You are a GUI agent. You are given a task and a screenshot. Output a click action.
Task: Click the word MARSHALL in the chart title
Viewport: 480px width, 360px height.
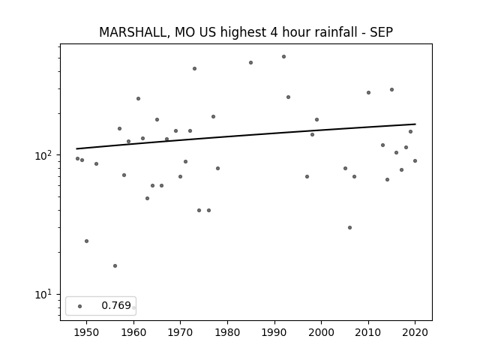[133, 32]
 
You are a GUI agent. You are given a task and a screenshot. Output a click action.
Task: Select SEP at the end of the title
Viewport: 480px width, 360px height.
[381, 32]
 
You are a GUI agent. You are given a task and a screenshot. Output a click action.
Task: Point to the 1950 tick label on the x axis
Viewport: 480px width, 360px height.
[87, 332]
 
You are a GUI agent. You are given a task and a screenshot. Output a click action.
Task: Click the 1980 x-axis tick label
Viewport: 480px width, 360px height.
[227, 332]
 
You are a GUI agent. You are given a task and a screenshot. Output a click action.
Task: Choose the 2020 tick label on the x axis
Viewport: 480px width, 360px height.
[415, 332]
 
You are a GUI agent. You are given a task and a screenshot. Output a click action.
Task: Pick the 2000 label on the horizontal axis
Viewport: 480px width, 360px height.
[322, 332]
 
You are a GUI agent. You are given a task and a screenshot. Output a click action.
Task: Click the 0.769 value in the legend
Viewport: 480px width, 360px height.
[116, 305]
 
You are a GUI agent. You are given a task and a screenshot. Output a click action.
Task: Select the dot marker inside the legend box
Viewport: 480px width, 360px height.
[80, 306]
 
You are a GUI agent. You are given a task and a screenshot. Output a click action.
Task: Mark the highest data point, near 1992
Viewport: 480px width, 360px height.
[283, 57]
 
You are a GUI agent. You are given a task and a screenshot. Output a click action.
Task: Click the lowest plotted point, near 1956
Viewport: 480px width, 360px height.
[115, 265]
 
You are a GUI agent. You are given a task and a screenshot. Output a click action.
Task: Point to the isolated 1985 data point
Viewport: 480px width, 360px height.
[250, 63]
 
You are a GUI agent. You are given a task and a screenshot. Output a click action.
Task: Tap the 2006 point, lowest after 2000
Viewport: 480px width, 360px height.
[349, 227]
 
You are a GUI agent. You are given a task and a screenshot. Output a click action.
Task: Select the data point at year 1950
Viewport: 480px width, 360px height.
[87, 241]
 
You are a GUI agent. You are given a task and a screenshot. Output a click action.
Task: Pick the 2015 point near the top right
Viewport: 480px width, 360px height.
[391, 90]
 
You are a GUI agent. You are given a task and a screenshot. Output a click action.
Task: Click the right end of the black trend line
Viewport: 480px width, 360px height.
[415, 124]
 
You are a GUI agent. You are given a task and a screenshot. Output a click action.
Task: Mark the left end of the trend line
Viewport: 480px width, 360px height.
[76, 148]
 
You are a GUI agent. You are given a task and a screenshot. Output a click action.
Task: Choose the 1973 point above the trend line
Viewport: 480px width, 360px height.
[194, 68]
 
